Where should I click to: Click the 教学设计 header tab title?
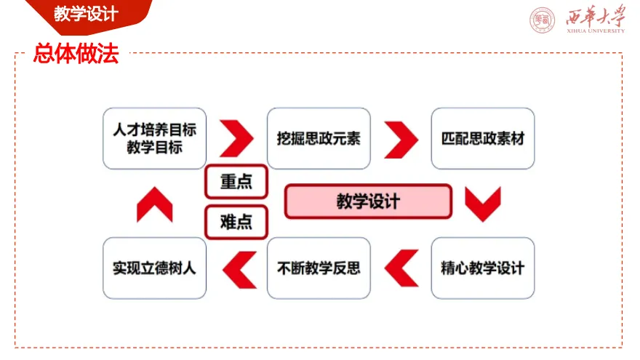(x=86, y=14)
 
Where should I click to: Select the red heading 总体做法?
(x=76, y=54)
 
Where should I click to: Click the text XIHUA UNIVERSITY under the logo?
(x=595, y=31)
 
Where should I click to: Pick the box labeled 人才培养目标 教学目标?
(x=155, y=138)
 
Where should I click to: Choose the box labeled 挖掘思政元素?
(x=319, y=138)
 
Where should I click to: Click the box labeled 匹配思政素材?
(x=483, y=138)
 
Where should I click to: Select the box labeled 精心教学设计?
(x=483, y=268)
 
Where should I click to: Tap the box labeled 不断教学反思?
(x=319, y=268)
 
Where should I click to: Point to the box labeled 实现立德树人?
(x=155, y=268)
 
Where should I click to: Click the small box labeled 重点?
(x=236, y=182)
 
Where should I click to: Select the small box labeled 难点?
(x=236, y=222)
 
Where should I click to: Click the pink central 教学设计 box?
(x=368, y=201)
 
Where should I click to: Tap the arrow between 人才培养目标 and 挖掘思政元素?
(x=236, y=138)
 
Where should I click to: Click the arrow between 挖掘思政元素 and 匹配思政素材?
(x=401, y=138)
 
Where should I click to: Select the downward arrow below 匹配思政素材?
(x=483, y=204)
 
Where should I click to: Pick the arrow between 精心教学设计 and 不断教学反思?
(x=401, y=268)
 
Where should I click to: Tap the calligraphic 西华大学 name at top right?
(x=595, y=16)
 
